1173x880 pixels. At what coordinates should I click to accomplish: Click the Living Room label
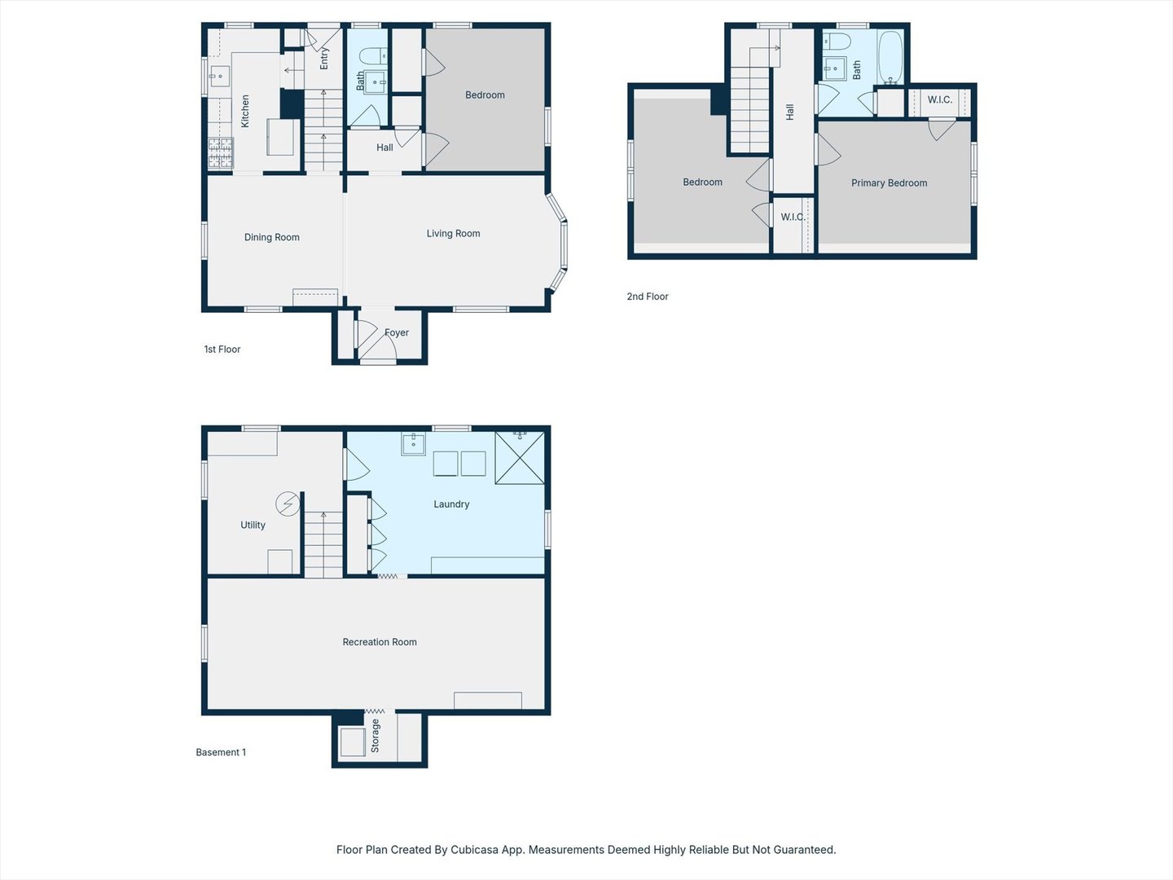[453, 234]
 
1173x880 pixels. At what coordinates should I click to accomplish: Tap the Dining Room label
[271, 238]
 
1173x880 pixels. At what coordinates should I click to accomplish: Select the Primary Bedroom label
[889, 183]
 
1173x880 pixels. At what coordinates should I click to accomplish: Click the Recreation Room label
[379, 642]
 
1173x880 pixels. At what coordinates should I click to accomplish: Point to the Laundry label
[451, 504]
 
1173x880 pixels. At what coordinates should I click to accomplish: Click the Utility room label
[253, 526]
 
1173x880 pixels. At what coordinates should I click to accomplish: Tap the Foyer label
[397, 333]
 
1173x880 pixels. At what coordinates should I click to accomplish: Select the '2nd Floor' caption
[647, 297]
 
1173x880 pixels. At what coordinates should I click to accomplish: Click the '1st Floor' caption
[222, 350]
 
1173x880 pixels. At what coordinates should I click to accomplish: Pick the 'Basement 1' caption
[220, 753]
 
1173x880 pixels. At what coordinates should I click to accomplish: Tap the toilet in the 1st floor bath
[373, 56]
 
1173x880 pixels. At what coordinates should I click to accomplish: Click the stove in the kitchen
[220, 153]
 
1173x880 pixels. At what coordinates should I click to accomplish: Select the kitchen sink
[218, 77]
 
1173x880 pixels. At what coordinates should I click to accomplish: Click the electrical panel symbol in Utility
[287, 504]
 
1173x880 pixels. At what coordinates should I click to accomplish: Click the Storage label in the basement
[376, 736]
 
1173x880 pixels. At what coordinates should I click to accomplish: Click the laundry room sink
[413, 443]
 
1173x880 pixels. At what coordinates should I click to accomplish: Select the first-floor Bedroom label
[485, 95]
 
